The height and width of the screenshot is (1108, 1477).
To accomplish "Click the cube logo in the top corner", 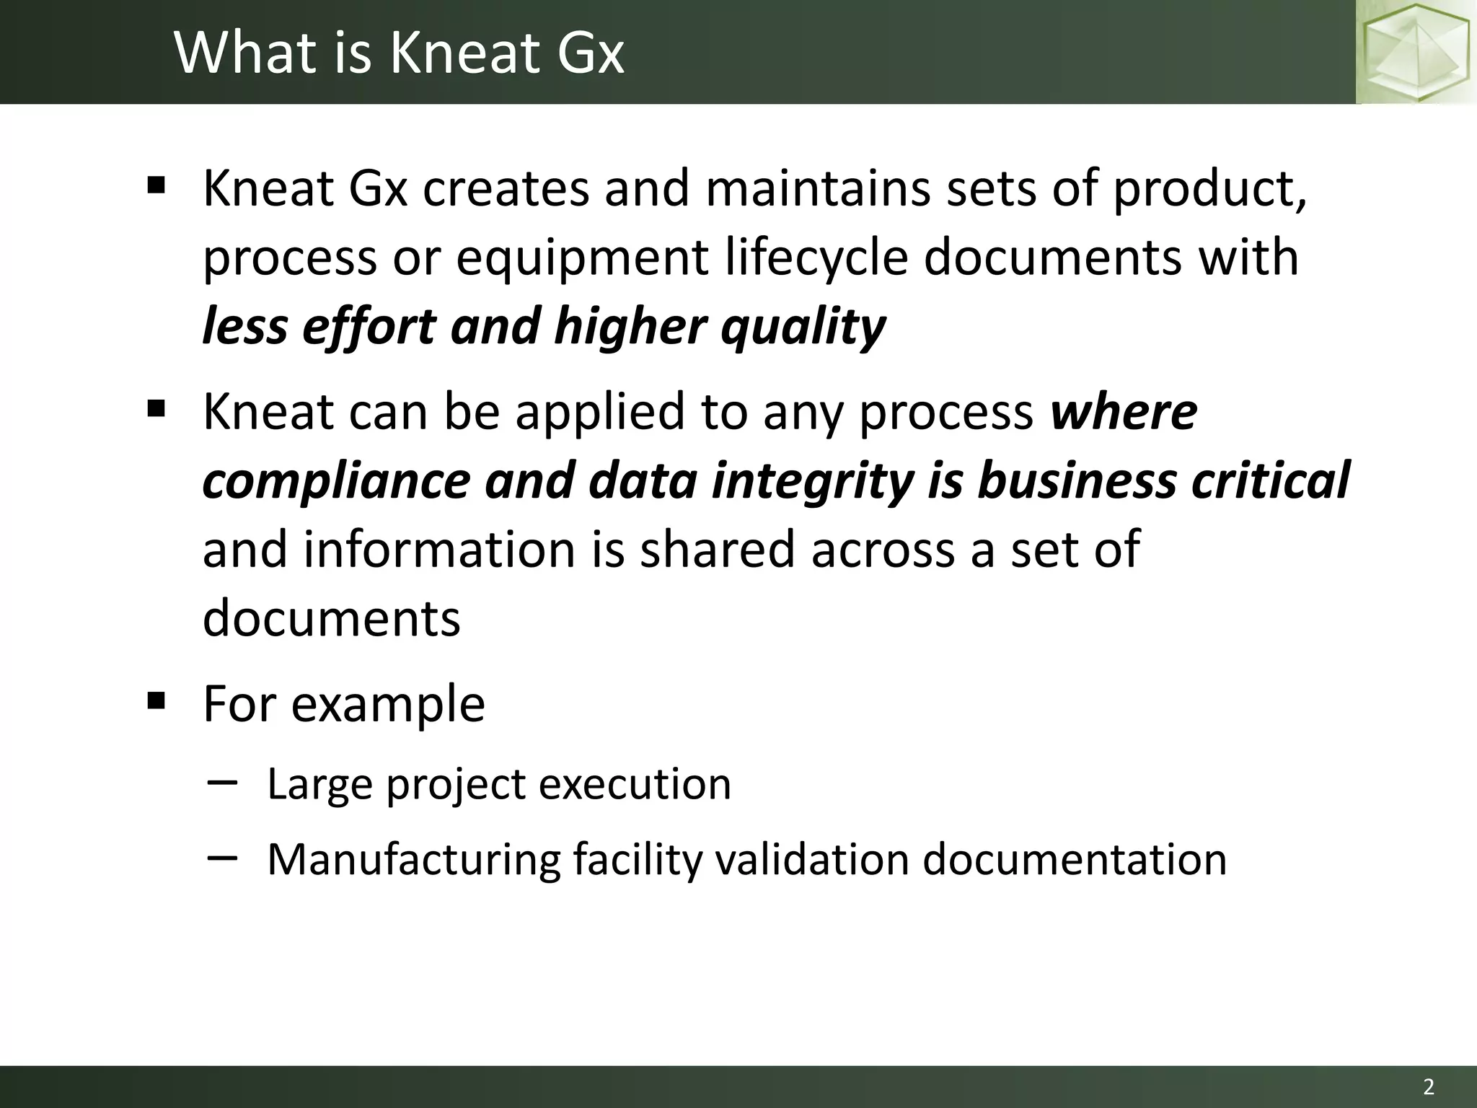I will (x=1415, y=52).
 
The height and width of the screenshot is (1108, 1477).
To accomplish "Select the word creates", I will (x=506, y=189).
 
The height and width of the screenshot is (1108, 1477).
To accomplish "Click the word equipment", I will (x=582, y=258).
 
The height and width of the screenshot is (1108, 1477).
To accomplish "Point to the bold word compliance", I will (x=336, y=481).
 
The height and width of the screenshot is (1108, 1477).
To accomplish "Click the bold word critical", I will (x=1270, y=481).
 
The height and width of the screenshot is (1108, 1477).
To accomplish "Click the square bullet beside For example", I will (x=156, y=700).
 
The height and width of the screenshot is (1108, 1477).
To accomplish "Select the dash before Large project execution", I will (x=221, y=782).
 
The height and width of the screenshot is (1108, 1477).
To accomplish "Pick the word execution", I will (x=635, y=784).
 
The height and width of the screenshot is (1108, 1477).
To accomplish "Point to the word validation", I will (x=812, y=860).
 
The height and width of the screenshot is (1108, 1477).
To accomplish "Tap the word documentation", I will (x=1075, y=860).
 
